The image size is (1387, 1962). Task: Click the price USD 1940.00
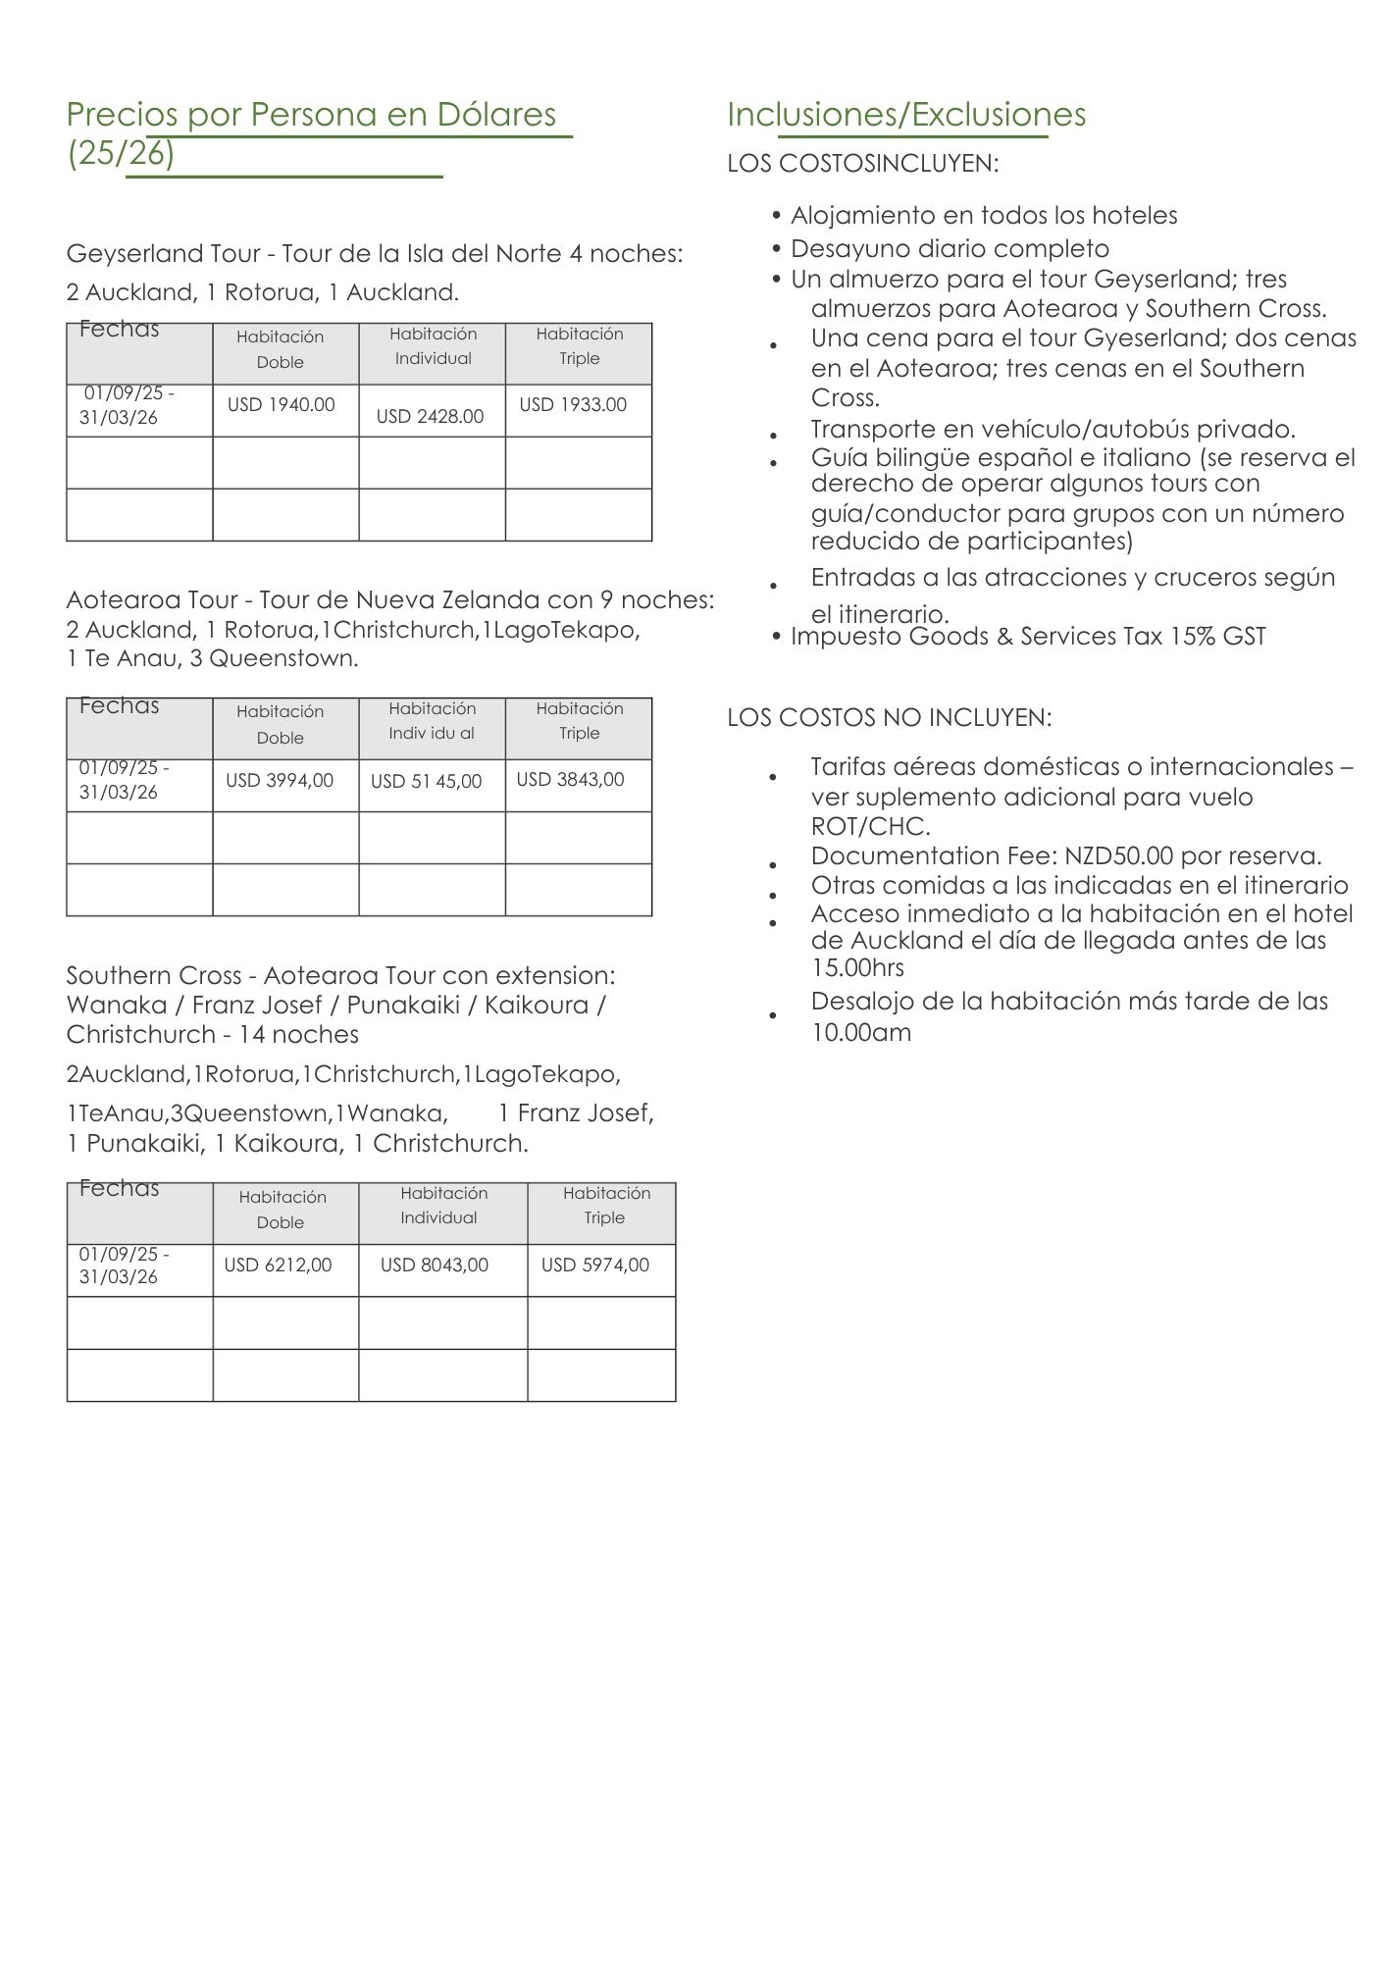click(281, 404)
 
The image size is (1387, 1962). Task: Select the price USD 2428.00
click(430, 416)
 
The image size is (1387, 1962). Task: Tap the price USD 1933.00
click(573, 404)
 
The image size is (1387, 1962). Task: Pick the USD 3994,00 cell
click(280, 780)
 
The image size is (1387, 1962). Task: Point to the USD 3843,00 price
click(570, 779)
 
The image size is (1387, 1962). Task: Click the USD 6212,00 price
click(278, 1265)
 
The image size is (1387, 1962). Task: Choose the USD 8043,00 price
click(435, 1265)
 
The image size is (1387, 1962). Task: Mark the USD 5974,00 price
click(595, 1265)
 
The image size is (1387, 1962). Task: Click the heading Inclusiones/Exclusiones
click(905, 115)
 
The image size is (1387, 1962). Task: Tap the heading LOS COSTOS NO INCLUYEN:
click(889, 717)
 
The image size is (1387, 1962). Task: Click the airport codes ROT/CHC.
click(870, 825)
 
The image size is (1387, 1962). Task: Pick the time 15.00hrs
click(857, 968)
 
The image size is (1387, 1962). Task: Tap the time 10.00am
click(860, 1032)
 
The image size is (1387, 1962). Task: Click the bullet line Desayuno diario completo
click(950, 248)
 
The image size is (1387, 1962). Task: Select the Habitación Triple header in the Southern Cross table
click(605, 1205)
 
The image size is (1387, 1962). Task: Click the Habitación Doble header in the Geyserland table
click(281, 349)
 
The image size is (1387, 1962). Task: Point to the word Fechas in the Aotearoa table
click(119, 705)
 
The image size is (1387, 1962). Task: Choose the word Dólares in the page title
click(496, 115)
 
